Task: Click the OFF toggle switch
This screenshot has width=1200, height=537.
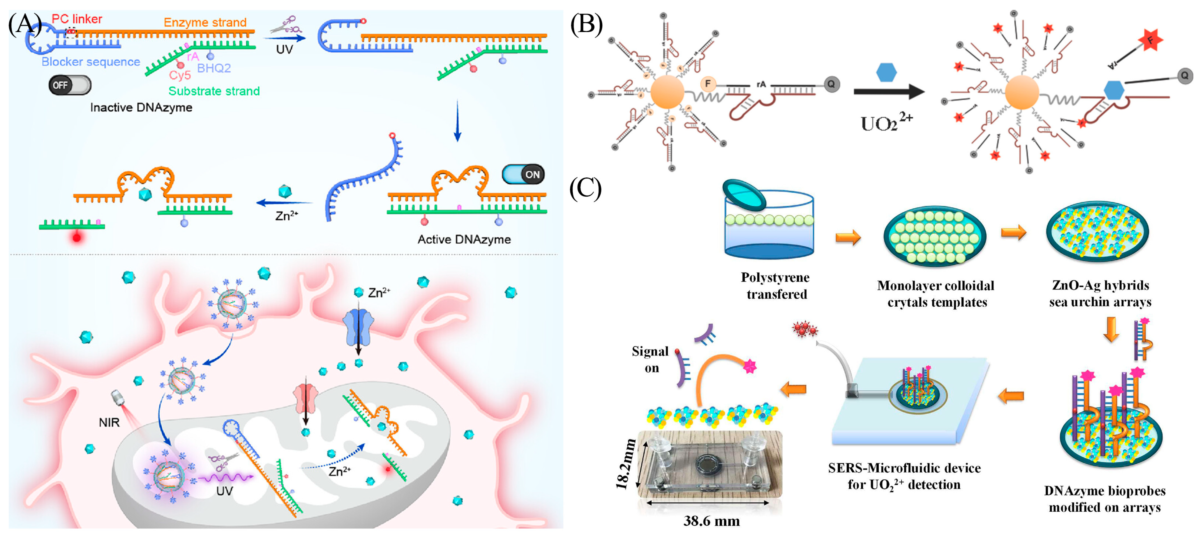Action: click(x=69, y=85)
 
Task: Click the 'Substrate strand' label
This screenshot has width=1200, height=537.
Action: click(x=214, y=91)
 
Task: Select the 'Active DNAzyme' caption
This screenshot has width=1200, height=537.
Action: click(x=464, y=239)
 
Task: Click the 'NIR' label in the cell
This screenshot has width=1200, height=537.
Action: click(x=109, y=423)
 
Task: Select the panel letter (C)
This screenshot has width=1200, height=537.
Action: click(x=585, y=189)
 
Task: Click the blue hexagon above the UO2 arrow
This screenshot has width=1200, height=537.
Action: click(x=886, y=73)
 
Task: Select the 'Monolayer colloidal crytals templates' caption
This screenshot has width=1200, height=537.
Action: click(x=936, y=294)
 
